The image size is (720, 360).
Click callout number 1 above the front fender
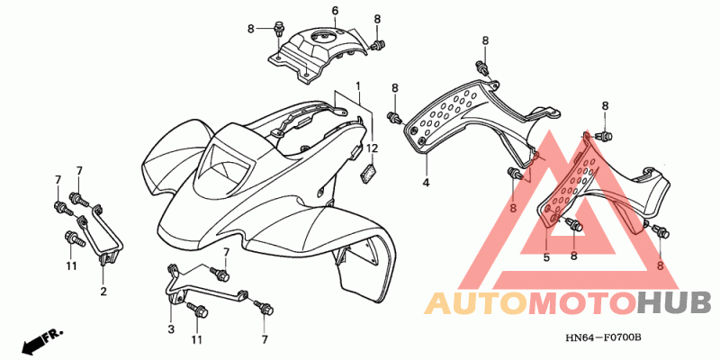click(x=357, y=86)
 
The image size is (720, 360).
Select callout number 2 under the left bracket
click(x=103, y=291)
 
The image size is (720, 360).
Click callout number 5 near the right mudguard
click(x=545, y=256)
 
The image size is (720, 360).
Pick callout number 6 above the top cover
click(x=334, y=11)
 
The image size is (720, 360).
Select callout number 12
click(x=371, y=147)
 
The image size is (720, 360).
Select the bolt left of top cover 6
click(x=278, y=30)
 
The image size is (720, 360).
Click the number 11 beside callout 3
click(x=196, y=340)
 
